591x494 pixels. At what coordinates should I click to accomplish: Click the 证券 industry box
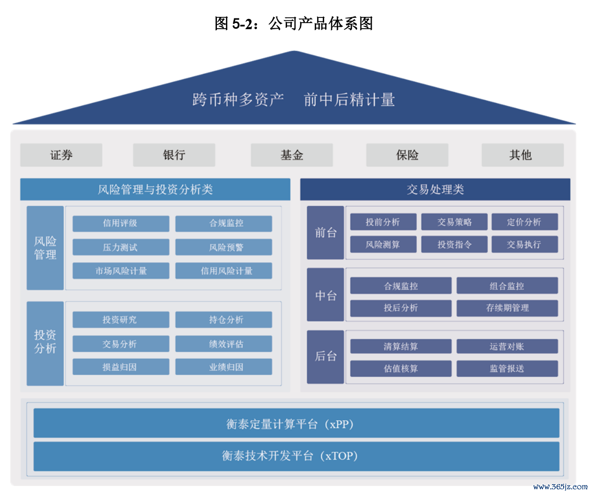click(x=61, y=155)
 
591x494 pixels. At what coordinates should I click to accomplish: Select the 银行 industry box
click(x=174, y=155)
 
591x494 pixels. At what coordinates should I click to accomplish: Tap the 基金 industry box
click(x=292, y=155)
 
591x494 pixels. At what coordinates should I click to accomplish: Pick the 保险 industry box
click(x=407, y=155)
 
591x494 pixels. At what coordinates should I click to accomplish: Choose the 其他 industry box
click(x=522, y=155)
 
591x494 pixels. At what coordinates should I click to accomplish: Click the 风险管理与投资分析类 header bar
click(x=155, y=190)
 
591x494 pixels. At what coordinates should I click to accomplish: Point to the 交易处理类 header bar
click(x=435, y=190)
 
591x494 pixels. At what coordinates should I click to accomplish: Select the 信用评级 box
click(x=120, y=223)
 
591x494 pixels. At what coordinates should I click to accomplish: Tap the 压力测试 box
click(x=120, y=247)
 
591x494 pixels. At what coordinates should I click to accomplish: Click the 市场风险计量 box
click(x=120, y=271)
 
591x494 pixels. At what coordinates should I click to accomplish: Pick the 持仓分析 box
click(x=224, y=320)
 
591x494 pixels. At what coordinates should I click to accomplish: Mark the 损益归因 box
click(x=120, y=367)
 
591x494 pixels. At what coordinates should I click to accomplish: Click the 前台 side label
click(x=326, y=232)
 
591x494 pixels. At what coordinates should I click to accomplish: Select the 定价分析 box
click(x=524, y=222)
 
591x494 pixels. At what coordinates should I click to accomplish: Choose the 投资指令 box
click(x=454, y=245)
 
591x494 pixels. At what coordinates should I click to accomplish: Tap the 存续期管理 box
click(x=507, y=308)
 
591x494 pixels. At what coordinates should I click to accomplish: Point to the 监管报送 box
click(x=507, y=368)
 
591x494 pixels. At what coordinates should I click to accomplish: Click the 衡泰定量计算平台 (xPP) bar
click(x=296, y=423)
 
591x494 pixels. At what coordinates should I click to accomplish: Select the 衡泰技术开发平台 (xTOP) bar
click(x=296, y=456)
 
